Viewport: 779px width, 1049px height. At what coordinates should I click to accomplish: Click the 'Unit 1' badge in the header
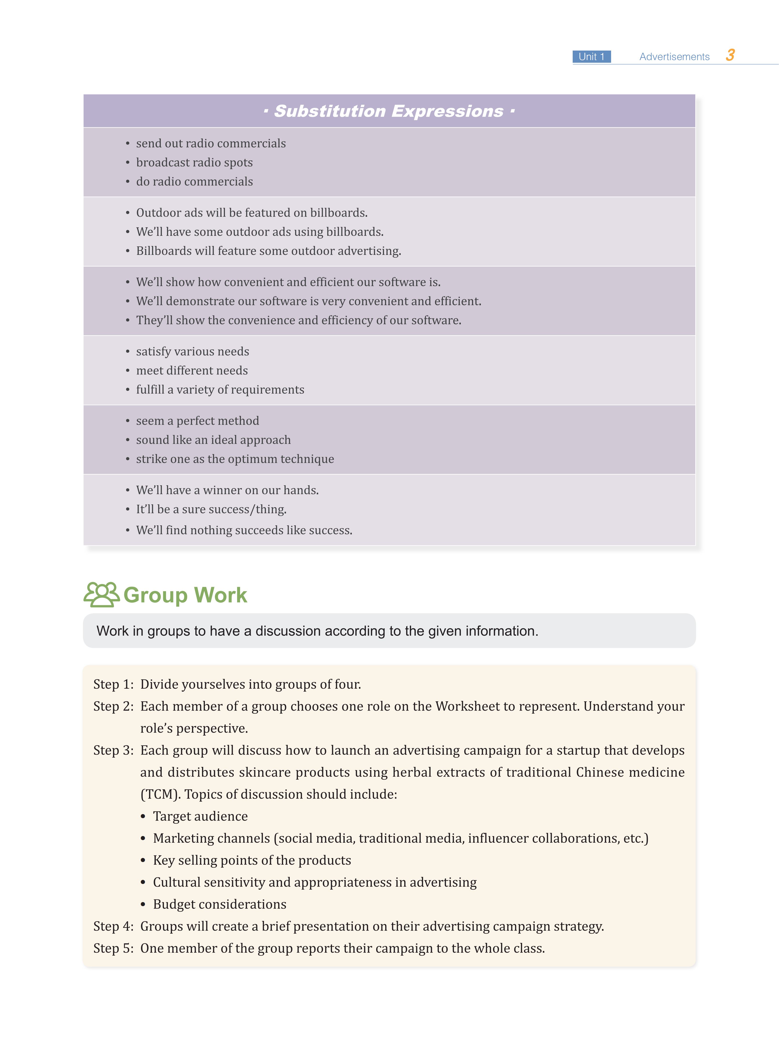pyautogui.click(x=591, y=57)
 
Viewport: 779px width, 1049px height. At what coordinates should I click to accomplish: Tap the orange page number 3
pyautogui.click(x=730, y=55)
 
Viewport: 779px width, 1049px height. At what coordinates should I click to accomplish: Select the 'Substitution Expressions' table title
pyautogui.click(x=389, y=111)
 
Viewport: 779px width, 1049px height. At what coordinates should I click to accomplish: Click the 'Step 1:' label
pyautogui.click(x=113, y=684)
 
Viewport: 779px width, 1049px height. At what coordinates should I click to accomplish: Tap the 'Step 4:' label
pyautogui.click(x=113, y=926)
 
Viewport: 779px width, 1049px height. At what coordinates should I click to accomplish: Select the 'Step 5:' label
pyautogui.click(x=113, y=948)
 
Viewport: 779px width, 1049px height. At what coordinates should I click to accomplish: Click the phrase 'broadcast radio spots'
pyautogui.click(x=194, y=163)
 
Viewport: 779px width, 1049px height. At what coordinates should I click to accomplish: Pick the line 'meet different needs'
pyautogui.click(x=192, y=371)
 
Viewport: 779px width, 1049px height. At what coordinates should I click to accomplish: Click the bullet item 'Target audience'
pyautogui.click(x=200, y=816)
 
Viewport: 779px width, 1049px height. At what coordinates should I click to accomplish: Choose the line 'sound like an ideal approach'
pyautogui.click(x=213, y=440)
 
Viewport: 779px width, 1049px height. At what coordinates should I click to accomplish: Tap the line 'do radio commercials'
pyautogui.click(x=194, y=181)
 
